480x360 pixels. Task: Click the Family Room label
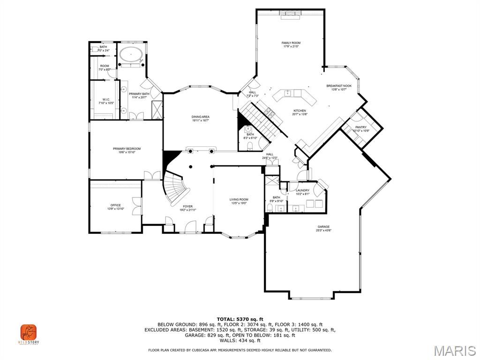point(291,43)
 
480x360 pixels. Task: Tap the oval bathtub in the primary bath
point(131,54)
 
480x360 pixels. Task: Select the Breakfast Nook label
point(339,86)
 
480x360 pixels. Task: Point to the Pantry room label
point(360,127)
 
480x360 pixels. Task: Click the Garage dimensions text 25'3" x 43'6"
point(323,230)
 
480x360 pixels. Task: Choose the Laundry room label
point(302,190)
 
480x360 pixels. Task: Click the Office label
point(115,205)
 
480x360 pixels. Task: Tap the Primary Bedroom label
point(127,149)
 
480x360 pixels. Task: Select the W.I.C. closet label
point(106,99)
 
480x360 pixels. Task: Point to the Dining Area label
point(200,117)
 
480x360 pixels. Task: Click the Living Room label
point(239,199)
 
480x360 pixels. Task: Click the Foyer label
point(187,206)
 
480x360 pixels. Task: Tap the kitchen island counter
point(292,95)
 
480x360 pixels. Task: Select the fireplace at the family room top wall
point(291,13)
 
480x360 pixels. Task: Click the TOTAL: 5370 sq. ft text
point(240,319)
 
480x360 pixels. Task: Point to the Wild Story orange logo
point(29,333)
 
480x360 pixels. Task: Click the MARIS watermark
point(454,351)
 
